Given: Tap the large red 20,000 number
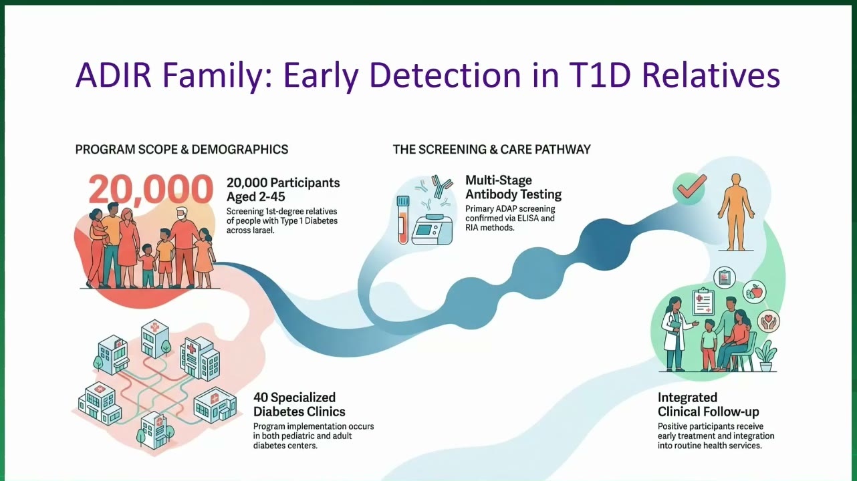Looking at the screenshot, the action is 150,190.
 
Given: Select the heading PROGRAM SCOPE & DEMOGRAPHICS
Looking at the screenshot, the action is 182,149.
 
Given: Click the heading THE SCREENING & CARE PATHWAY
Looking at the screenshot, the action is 491,149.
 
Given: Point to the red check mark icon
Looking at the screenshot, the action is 692,186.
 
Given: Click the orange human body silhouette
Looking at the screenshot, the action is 736,212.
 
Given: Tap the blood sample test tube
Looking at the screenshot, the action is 403,220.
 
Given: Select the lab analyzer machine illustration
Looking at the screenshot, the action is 433,229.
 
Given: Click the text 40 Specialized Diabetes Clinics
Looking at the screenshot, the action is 299,405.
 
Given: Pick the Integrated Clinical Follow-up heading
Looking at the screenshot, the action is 708,405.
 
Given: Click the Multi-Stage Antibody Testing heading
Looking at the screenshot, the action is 513,187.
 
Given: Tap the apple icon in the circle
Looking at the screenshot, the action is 755,292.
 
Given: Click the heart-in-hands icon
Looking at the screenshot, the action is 768,321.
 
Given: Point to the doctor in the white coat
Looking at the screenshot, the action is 674,333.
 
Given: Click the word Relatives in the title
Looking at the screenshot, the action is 711,75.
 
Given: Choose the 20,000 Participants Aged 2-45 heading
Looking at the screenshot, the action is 283,190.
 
